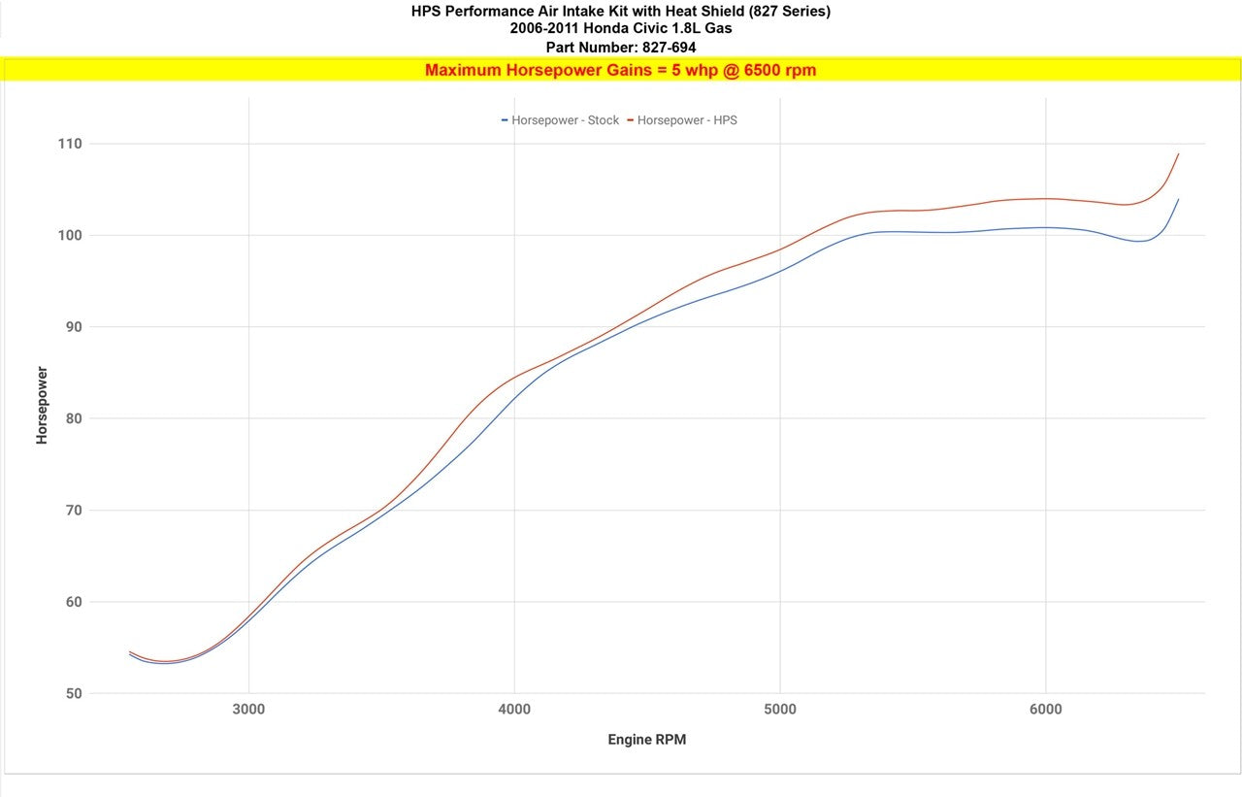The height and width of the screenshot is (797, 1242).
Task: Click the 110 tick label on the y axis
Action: coord(71,144)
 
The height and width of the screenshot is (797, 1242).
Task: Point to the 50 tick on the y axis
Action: coord(74,693)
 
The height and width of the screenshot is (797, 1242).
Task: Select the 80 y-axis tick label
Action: coord(74,418)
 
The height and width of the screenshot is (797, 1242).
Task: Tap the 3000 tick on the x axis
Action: coord(249,710)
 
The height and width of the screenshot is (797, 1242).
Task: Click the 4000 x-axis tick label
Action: coord(514,710)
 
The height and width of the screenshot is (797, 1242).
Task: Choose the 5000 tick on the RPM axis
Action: coord(780,710)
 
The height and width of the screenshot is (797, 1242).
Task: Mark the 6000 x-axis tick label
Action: coord(1045,710)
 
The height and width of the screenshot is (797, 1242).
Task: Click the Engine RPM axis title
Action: coord(647,740)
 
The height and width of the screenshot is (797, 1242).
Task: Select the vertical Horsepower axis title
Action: coord(42,405)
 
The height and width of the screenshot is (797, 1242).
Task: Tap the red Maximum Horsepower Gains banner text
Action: coord(620,70)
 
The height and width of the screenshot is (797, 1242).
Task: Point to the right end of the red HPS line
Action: coord(1178,153)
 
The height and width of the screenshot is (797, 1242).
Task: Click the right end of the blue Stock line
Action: coord(1178,199)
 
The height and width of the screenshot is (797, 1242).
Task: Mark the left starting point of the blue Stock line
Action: coord(130,654)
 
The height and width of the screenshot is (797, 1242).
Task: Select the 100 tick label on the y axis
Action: coord(71,235)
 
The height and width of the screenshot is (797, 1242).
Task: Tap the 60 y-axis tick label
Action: coord(74,602)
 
